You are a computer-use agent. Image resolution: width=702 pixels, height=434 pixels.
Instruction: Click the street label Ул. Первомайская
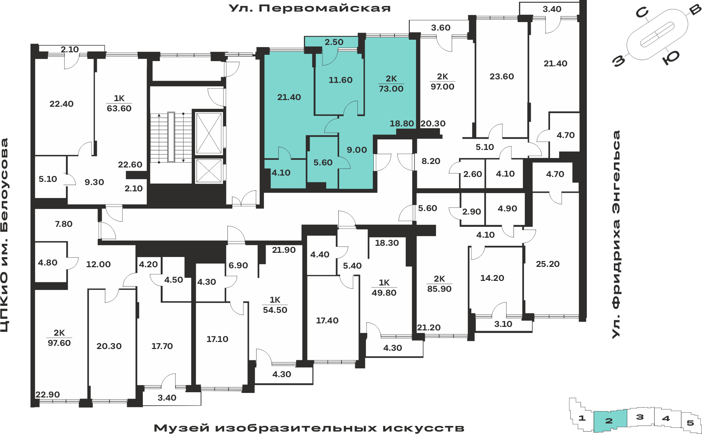click(x=310, y=8)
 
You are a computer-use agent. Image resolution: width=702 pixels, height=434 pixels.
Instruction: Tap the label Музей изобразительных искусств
click(x=309, y=428)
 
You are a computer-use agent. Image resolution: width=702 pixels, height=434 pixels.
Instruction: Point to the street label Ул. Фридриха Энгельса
click(x=616, y=235)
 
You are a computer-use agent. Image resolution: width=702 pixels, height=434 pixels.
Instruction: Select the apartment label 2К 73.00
click(x=391, y=84)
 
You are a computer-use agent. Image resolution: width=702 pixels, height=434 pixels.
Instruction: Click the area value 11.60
click(x=340, y=80)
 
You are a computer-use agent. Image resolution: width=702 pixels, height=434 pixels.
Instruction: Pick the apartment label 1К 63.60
click(x=119, y=103)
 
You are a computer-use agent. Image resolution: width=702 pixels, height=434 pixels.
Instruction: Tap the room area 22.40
click(x=61, y=104)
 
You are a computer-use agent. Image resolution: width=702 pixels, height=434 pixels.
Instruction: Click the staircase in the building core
click(x=171, y=137)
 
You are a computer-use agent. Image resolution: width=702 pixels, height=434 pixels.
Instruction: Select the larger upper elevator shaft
click(x=209, y=133)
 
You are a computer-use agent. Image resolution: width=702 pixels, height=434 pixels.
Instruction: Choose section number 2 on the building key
click(x=609, y=421)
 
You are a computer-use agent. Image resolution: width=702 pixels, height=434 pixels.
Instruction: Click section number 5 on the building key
click(x=690, y=423)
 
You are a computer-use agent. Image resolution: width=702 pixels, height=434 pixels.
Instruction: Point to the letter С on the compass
click(x=642, y=13)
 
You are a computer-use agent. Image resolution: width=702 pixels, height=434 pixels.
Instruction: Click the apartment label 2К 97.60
click(x=59, y=338)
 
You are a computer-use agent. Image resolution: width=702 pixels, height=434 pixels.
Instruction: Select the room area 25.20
click(x=548, y=264)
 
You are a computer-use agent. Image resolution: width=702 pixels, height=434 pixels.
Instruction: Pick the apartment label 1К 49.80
click(x=384, y=288)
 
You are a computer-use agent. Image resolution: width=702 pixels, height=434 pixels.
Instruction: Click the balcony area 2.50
click(x=334, y=42)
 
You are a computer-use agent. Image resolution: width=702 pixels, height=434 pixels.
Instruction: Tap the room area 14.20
click(x=492, y=278)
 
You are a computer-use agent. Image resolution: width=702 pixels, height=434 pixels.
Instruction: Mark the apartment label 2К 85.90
click(x=439, y=284)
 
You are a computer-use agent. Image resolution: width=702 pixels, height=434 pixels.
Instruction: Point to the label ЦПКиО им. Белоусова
click(x=4, y=235)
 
